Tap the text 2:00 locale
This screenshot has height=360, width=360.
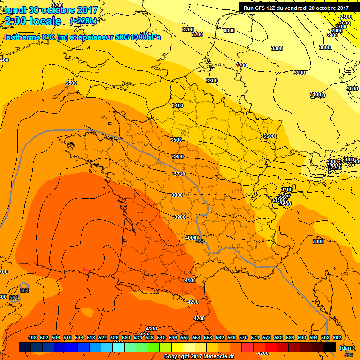point(33,21)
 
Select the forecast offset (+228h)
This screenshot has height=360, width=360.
point(83,21)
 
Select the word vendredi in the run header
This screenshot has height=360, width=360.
point(300,7)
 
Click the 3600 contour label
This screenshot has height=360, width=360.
point(178,157)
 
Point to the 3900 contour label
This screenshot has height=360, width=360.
point(180,217)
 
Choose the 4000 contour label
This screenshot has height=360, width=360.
point(191,238)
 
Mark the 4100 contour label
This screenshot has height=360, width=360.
point(190,280)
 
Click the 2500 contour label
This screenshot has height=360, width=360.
point(345,17)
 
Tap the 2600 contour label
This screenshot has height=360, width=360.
point(345,23)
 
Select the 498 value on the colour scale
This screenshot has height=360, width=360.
point(32,337)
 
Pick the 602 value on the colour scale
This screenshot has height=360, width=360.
point(337,337)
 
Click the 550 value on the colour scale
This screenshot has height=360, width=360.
point(185,337)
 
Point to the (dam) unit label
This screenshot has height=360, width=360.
point(346,347)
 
